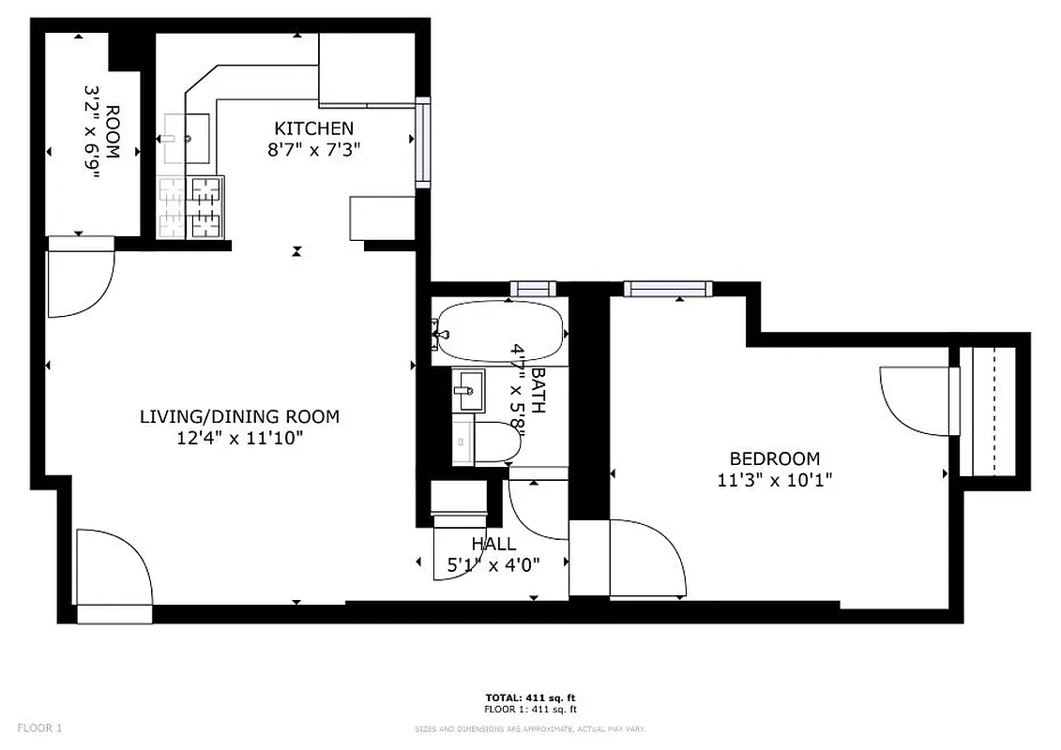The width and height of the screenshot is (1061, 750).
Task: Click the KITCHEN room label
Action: click(x=313, y=128)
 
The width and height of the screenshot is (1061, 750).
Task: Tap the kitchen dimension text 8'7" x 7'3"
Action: click(x=313, y=149)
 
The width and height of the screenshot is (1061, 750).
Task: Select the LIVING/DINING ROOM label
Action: click(x=239, y=416)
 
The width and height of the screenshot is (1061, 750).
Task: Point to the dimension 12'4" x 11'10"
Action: click(x=239, y=437)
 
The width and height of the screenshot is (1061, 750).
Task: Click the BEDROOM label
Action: click(x=775, y=458)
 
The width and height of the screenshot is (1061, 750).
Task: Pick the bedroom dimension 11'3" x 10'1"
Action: click(x=775, y=479)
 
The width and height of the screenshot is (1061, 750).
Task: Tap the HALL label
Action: click(x=493, y=544)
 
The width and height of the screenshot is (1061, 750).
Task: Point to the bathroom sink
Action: click(x=468, y=391)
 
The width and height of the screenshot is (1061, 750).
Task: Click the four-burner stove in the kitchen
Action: click(x=191, y=207)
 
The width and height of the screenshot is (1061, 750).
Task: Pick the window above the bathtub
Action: click(x=533, y=289)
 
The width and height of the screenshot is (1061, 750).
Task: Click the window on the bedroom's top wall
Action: click(x=667, y=289)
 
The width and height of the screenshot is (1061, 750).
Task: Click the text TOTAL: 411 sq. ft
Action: click(x=530, y=698)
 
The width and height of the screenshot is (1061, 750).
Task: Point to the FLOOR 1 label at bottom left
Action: click(x=40, y=727)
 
